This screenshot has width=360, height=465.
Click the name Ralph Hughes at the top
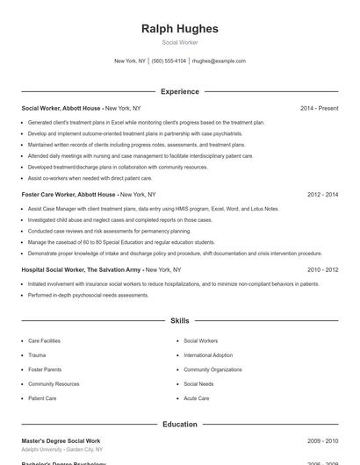(180, 29)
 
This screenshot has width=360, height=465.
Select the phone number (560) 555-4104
(169, 61)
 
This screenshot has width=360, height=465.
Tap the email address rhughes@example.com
(219, 61)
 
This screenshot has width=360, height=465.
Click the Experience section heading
(180, 91)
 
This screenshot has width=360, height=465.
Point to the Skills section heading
(180, 322)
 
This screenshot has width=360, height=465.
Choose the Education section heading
(180, 424)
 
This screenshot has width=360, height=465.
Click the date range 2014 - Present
(319, 108)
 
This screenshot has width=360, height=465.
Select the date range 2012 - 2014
(323, 194)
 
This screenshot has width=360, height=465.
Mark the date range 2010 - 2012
(323, 270)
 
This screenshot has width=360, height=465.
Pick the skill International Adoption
(208, 355)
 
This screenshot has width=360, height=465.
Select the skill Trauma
(37, 355)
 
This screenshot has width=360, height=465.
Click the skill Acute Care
(197, 398)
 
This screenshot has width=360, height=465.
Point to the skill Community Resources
(54, 383)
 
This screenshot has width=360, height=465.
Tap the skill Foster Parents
(45, 369)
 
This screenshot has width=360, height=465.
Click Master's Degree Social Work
(61, 440)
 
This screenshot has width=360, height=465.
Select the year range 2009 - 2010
(323, 440)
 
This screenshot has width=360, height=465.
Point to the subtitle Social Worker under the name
(180, 42)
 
